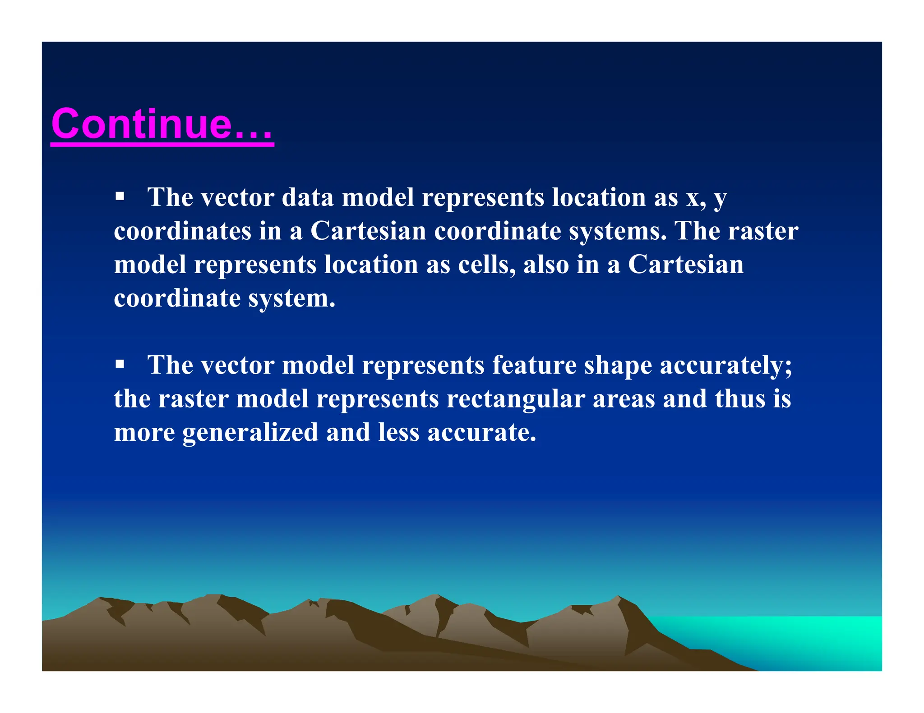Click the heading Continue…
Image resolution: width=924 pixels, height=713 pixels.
point(162,124)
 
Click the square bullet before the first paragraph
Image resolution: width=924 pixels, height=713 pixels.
point(120,196)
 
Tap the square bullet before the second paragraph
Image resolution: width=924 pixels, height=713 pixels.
point(120,363)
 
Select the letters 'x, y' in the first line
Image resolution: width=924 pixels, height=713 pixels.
point(707,198)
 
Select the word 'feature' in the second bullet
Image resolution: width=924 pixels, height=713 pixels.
point(534,365)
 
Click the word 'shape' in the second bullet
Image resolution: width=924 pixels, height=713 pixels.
point(618,366)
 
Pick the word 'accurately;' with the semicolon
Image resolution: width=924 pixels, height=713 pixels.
point(726,366)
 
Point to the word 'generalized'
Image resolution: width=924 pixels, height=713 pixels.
point(250,433)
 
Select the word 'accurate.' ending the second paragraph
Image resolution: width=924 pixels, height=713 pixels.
point(482,433)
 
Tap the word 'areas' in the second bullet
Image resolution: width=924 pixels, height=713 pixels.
point(624,399)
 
